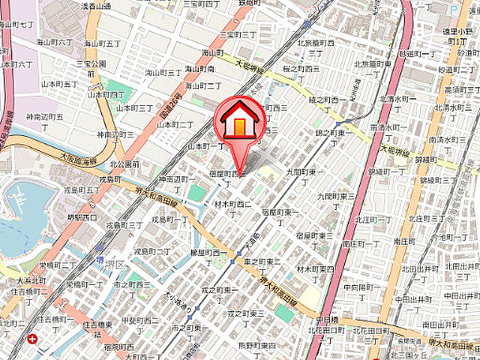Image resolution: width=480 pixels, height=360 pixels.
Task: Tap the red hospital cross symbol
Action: point(33,339)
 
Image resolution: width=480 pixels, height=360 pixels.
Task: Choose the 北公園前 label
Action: point(124,163)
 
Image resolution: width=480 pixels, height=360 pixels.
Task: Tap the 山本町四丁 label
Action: point(107,95)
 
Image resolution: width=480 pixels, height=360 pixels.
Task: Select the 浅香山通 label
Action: point(94,6)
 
